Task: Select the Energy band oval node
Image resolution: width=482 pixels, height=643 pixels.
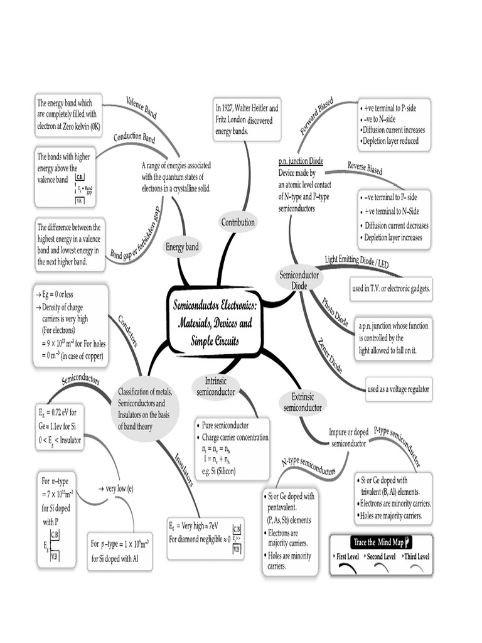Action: (x=182, y=247)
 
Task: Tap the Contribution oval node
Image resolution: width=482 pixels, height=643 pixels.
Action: (x=238, y=222)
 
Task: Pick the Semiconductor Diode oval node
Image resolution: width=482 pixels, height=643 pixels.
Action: (x=299, y=280)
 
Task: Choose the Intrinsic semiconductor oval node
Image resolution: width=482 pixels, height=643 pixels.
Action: (x=215, y=387)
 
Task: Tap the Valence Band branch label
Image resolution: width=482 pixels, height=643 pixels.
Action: (x=141, y=107)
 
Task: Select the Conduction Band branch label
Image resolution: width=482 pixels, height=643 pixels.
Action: (x=134, y=138)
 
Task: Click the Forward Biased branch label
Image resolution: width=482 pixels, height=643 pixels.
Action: (x=316, y=117)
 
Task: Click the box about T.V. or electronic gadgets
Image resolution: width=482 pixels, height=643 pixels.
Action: (x=391, y=288)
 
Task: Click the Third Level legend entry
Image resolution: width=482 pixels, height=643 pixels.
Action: (x=417, y=557)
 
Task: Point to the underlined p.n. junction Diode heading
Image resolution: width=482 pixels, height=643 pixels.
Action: (x=301, y=161)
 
